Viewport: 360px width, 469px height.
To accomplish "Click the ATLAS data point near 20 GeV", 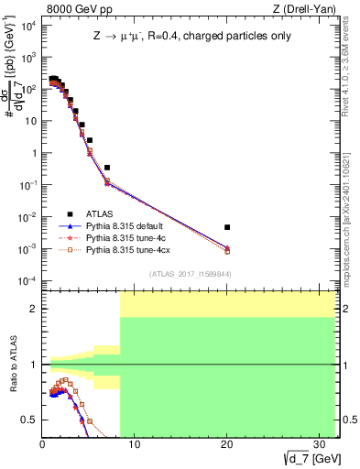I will point(227,226).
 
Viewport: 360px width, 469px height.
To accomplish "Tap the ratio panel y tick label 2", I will point(34,309).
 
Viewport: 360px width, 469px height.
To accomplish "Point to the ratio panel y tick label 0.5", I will point(30,420).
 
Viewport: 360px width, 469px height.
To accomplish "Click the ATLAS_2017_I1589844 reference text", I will point(190,274).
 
